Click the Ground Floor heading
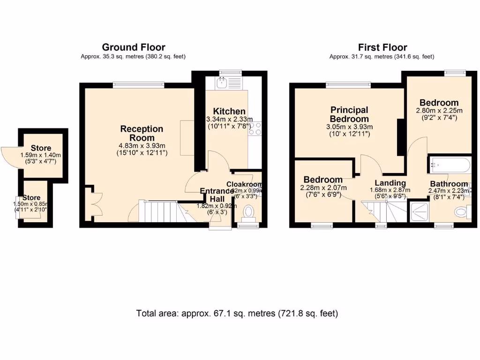(134, 47)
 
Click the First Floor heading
(382, 47)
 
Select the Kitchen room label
(229, 111)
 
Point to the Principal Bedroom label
(349, 114)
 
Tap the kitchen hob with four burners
(256, 128)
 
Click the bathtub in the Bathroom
(449, 165)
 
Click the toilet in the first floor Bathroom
(462, 212)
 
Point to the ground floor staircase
(159, 212)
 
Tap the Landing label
(390, 183)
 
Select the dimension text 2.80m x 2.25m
(439, 111)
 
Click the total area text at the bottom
(237, 313)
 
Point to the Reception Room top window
(138, 85)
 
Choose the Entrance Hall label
(217, 195)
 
